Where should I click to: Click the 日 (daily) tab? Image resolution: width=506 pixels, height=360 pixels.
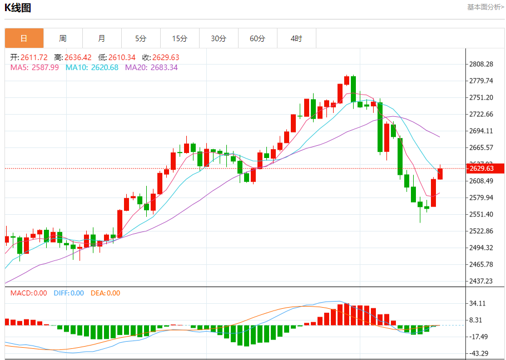pyautogui.click(x=24, y=38)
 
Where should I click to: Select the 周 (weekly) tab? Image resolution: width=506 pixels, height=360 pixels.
pyautogui.click(x=63, y=38)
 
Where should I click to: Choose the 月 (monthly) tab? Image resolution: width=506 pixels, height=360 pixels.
pyautogui.click(x=102, y=38)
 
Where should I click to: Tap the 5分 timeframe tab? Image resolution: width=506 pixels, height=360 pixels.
pyautogui.click(x=141, y=38)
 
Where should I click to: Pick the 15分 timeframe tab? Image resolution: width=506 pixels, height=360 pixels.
pyautogui.click(x=180, y=38)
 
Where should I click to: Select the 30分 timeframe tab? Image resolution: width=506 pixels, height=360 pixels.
pyautogui.click(x=219, y=38)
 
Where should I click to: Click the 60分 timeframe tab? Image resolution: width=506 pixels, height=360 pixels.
pyautogui.click(x=257, y=38)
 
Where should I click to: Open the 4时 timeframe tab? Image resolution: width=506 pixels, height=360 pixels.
pyautogui.click(x=296, y=38)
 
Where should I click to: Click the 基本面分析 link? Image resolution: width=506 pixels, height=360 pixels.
pyautogui.click(x=485, y=7)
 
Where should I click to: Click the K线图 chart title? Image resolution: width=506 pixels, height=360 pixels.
pyautogui.click(x=18, y=8)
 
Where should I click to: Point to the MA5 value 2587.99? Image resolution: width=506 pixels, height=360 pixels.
pyautogui.click(x=46, y=67)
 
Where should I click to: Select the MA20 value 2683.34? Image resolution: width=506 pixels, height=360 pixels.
pyautogui.click(x=164, y=67)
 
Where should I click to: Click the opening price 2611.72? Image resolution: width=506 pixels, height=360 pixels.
pyautogui.click(x=34, y=57)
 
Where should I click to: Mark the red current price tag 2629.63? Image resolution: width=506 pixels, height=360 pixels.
pyautogui.click(x=480, y=169)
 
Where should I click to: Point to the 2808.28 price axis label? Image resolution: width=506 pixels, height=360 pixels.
pyautogui.click(x=481, y=65)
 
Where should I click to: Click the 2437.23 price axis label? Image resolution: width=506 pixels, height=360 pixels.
pyautogui.click(x=481, y=282)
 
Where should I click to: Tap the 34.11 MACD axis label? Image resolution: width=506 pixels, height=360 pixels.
pyautogui.click(x=479, y=304)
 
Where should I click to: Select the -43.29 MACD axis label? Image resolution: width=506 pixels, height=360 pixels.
pyautogui.click(x=479, y=354)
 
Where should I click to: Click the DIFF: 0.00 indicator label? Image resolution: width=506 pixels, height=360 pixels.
pyautogui.click(x=69, y=293)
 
